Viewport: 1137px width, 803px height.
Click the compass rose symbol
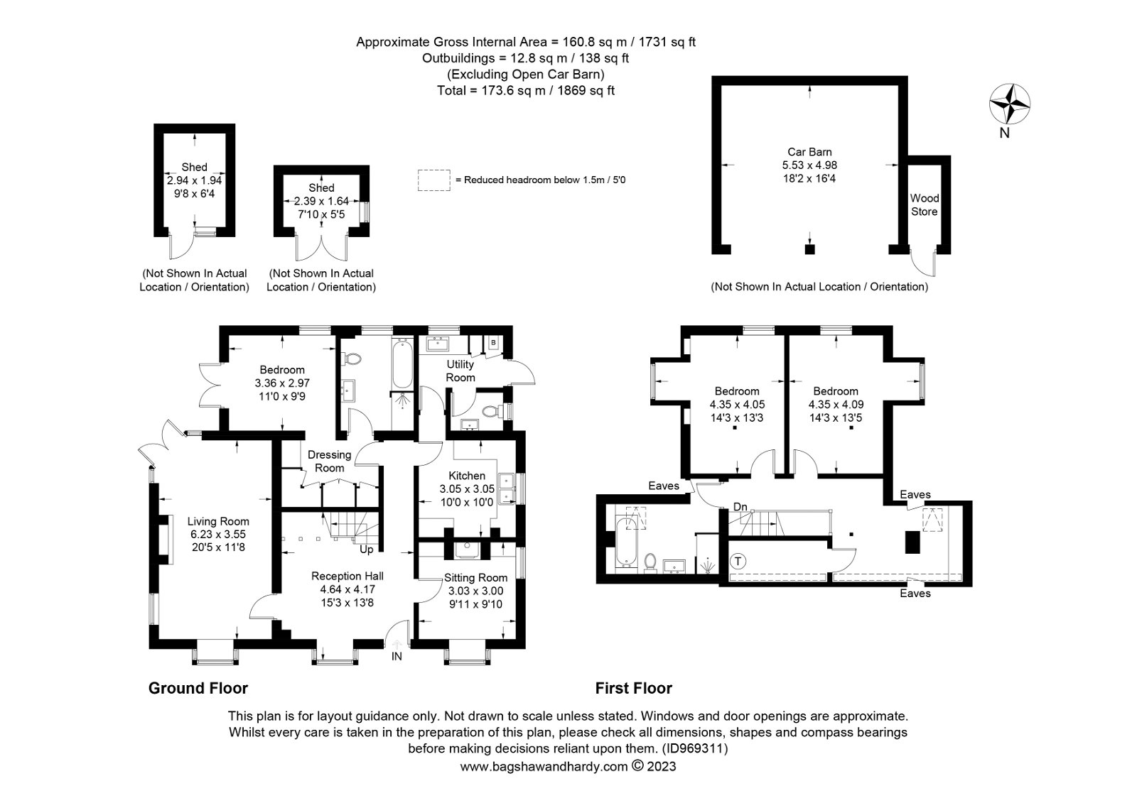pos(1009,104)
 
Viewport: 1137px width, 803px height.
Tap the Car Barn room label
pos(809,152)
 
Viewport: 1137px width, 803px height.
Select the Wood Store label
pos(925,205)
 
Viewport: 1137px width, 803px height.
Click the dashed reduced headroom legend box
pos(434,180)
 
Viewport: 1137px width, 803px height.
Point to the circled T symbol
pos(738,562)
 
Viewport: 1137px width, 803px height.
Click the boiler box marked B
pos(493,343)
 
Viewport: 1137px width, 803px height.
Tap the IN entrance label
pos(397,657)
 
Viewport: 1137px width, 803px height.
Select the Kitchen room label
pos(467,476)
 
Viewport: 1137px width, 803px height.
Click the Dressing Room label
pos(330,461)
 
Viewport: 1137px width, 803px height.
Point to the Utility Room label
pos(460,371)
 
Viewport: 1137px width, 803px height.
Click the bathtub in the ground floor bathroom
pos(402,364)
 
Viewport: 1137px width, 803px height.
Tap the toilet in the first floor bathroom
pos(650,563)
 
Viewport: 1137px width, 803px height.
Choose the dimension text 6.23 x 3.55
pos(218,534)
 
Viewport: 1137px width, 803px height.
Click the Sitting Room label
pos(475,578)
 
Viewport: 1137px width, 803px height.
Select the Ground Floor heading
pos(198,689)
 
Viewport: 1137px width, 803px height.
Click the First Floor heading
pos(633,689)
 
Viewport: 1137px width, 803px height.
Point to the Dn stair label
pos(740,507)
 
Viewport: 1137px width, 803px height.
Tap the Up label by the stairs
pos(367,550)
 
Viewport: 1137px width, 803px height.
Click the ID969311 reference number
pos(695,748)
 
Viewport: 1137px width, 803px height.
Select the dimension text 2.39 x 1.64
pos(321,201)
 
